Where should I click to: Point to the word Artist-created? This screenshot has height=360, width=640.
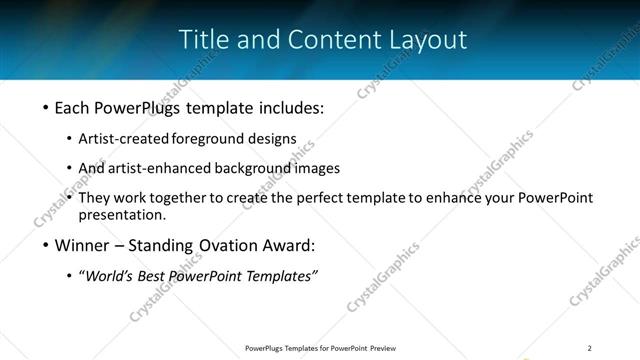pyautogui.click(x=124, y=138)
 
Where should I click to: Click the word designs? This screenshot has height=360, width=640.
pyautogui.click(x=275, y=138)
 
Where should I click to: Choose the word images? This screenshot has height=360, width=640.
pyautogui.click(x=317, y=168)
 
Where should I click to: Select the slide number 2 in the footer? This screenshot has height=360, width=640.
pyautogui.click(x=590, y=347)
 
